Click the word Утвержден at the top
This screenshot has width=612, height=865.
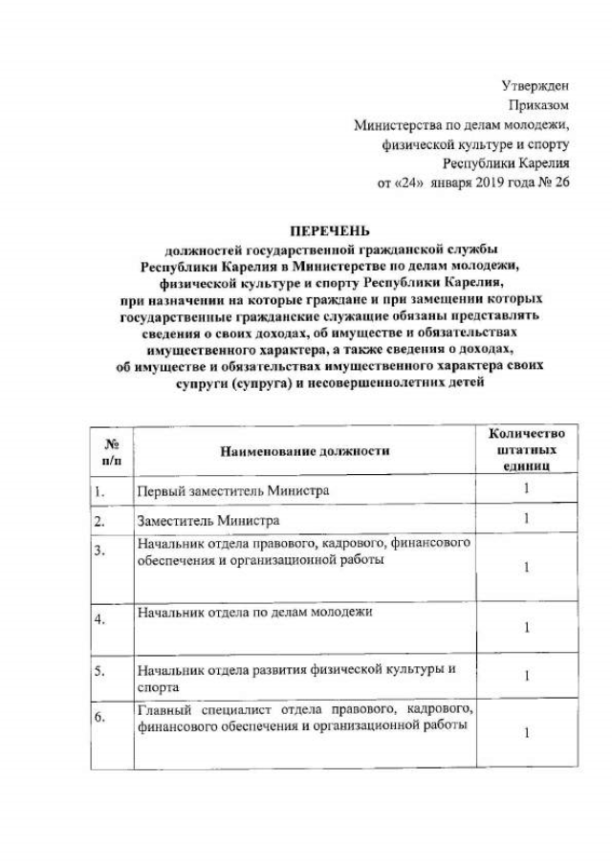coord(536,87)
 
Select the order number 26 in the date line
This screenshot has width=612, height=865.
coord(560,183)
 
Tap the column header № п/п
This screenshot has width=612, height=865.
coord(110,449)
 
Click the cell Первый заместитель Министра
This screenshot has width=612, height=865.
coord(233,490)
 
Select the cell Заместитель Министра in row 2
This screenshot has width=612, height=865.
coord(208,520)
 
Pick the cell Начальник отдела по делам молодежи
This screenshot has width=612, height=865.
coord(254,611)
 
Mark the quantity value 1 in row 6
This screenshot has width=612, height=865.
coord(526,733)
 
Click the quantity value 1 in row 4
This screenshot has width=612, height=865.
coord(526,627)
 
